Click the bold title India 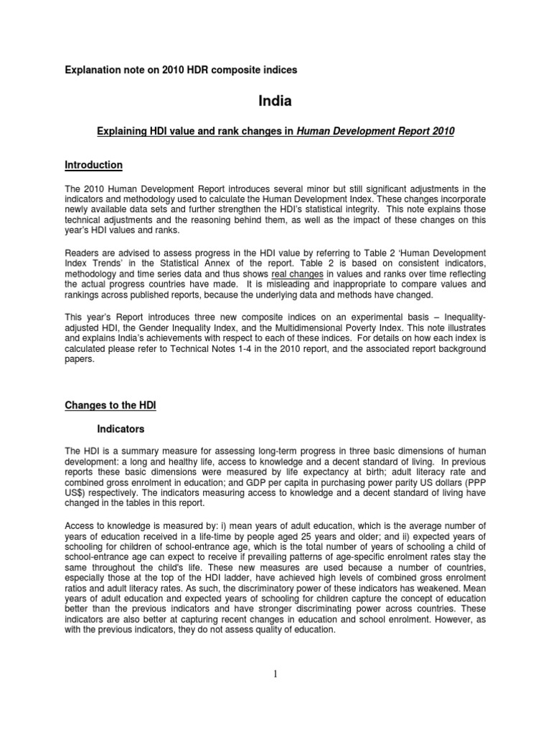(x=275, y=101)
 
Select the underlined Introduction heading (x=93, y=165)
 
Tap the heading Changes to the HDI (x=110, y=406)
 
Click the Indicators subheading (x=121, y=429)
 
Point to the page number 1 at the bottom (x=275, y=674)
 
